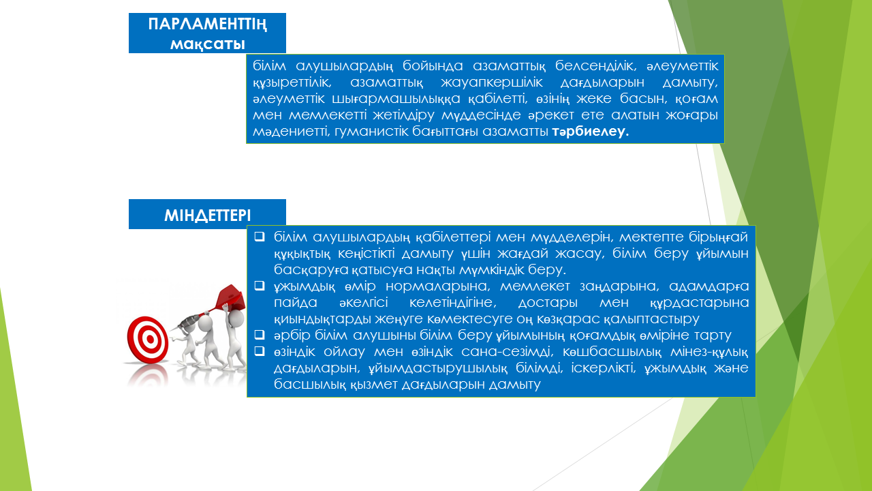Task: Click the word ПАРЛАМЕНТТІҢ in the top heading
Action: [x=208, y=25]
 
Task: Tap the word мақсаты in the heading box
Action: [x=208, y=44]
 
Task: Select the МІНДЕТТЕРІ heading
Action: [x=208, y=215]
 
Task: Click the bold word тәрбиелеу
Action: [x=590, y=132]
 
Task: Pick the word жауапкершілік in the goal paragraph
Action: [x=492, y=83]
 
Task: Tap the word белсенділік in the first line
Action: [x=595, y=66]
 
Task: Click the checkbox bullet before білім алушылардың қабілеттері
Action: [x=260, y=236]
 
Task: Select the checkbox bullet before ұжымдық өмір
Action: [x=260, y=286]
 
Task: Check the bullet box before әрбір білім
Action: [x=260, y=334]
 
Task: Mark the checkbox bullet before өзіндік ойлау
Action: [x=260, y=351]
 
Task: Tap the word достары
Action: [x=548, y=303]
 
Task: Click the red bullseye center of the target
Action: [x=149, y=339]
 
